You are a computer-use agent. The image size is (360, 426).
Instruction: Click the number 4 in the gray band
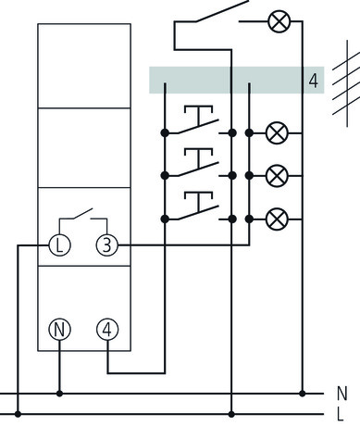tap(314, 80)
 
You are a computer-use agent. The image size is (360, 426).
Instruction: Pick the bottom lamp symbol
tap(276, 219)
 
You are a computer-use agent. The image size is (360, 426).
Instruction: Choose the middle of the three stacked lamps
tap(276, 176)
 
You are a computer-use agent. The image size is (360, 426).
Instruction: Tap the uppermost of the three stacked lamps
tap(276, 133)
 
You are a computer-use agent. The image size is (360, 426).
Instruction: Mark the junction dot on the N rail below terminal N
tap(60, 394)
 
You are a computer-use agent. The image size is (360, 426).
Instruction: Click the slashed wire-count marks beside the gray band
tap(344, 80)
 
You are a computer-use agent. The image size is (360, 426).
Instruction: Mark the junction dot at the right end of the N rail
tap(303, 394)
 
